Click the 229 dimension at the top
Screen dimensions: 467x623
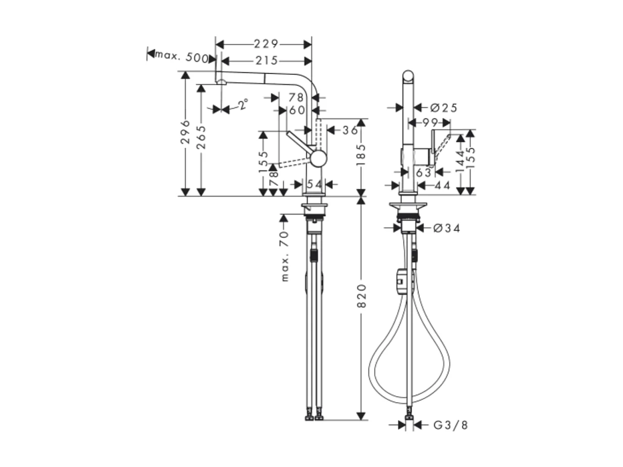pyautogui.click(x=266, y=44)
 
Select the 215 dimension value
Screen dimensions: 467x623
pyautogui.click(x=266, y=61)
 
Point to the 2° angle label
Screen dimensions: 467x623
pyautogui.click(x=243, y=105)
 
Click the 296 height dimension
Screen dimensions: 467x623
pyautogui.click(x=186, y=132)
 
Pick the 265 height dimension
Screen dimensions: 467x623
pyautogui.click(x=201, y=137)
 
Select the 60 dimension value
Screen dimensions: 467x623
pyautogui.click(x=297, y=110)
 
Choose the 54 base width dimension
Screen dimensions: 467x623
pyautogui.click(x=315, y=185)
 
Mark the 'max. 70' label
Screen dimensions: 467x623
pyautogui.click(x=285, y=255)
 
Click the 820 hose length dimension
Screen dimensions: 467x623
pyautogui.click(x=361, y=296)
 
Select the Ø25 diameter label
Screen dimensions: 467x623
pyautogui.click(x=443, y=107)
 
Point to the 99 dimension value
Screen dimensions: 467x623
pyautogui.click(x=430, y=122)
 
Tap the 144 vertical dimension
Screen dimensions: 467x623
pyautogui.click(x=460, y=161)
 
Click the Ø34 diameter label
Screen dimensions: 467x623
pyautogui.click(x=446, y=228)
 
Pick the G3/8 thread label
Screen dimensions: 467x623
pyautogui.click(x=450, y=425)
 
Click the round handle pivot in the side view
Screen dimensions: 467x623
pyautogui.click(x=319, y=159)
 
